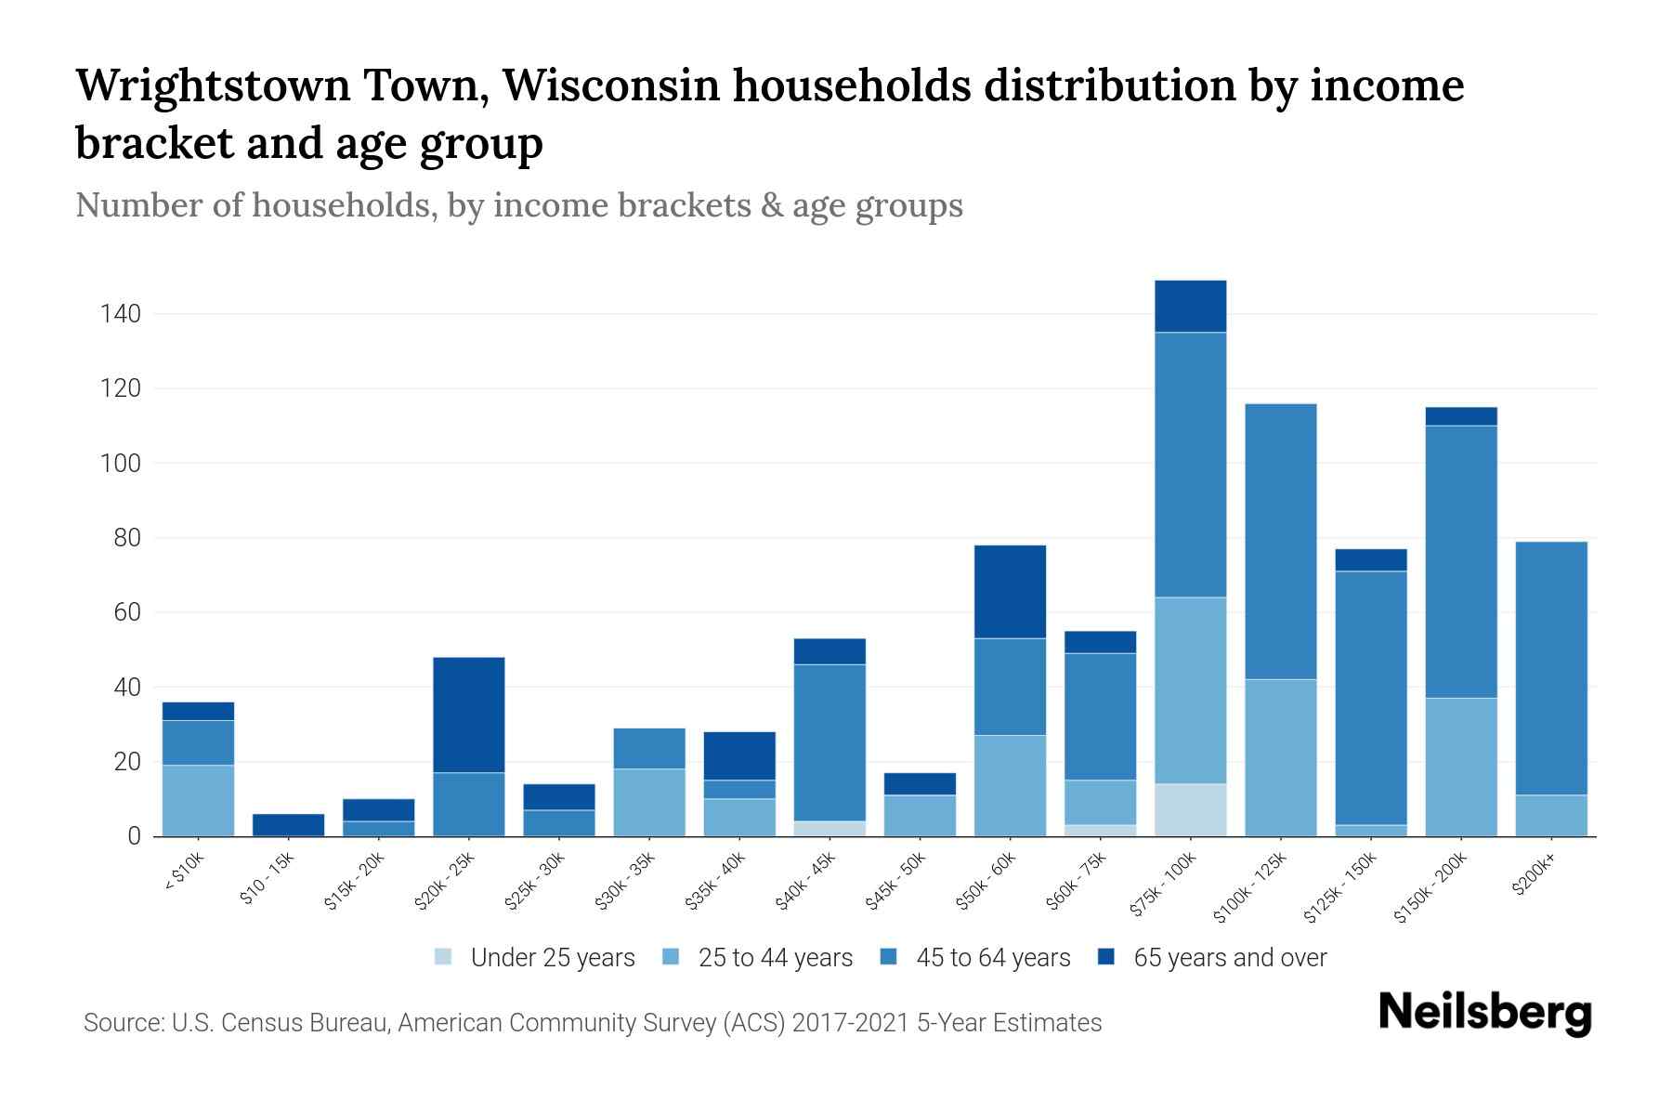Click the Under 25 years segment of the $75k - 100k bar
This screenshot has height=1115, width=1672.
point(1190,810)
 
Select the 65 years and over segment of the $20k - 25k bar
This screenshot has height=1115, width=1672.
point(469,715)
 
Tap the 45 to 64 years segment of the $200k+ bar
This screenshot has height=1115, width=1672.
point(1550,668)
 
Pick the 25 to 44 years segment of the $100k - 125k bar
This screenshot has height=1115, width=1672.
point(1280,757)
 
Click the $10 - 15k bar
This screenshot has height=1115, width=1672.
point(289,825)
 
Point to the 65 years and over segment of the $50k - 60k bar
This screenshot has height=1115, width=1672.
point(1010,591)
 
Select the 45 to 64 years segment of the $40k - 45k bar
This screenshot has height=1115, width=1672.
point(829,742)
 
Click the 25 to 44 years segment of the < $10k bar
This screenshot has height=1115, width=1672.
point(199,800)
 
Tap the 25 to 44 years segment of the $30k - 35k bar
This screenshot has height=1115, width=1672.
point(649,802)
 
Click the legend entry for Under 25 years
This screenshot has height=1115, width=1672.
point(552,958)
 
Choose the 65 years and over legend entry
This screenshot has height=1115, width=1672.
point(1229,958)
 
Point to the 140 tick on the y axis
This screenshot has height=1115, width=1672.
point(121,314)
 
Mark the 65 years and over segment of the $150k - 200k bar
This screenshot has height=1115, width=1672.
point(1460,416)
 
